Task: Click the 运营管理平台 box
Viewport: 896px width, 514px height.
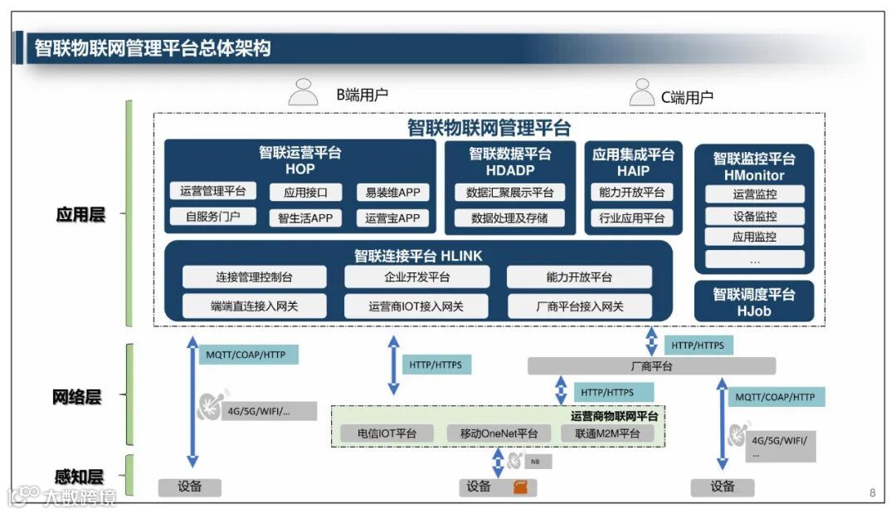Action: [x=213, y=191]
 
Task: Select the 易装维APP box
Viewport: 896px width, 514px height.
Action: [x=392, y=193]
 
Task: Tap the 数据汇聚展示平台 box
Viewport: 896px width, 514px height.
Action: [x=509, y=193]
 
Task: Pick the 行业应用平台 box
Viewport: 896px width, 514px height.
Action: [x=632, y=218]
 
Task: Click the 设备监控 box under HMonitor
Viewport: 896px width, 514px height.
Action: [x=754, y=216]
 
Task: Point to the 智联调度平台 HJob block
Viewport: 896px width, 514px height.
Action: [x=754, y=302]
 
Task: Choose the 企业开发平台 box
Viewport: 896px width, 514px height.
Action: [x=416, y=277]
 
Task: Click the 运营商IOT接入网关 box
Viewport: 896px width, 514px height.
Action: [x=416, y=306]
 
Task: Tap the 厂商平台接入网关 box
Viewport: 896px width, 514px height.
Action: [x=579, y=306]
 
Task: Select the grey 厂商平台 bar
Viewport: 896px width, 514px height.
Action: [x=651, y=366]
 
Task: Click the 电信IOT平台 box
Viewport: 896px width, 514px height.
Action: [x=387, y=433]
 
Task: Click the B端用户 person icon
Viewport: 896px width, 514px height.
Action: [x=303, y=92]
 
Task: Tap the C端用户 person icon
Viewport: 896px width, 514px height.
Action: [x=641, y=92]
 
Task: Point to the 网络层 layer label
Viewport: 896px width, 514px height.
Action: [x=76, y=397]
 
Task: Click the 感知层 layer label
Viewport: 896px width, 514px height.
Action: [x=79, y=477]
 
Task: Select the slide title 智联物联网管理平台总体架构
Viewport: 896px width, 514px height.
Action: [x=153, y=48]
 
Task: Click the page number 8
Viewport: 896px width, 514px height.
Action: [x=872, y=492]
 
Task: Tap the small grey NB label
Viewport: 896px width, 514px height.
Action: [x=536, y=462]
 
